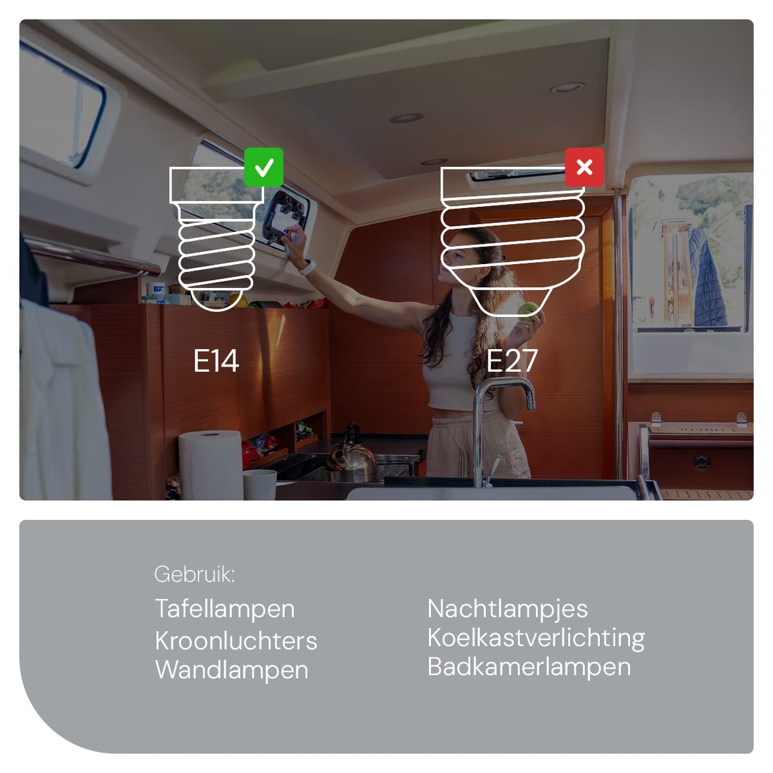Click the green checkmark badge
pyautogui.click(x=263, y=167)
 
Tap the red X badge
pyautogui.click(x=584, y=167)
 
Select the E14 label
pyautogui.click(x=216, y=361)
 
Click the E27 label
pyautogui.click(x=511, y=361)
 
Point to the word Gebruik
pyautogui.click(x=194, y=574)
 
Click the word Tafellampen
pyautogui.click(x=225, y=610)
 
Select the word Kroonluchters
pyautogui.click(x=236, y=640)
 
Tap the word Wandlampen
pyautogui.click(x=232, y=671)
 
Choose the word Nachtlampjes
pyautogui.click(x=508, y=610)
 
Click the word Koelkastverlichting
pyautogui.click(x=536, y=638)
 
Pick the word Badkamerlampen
pyautogui.click(x=529, y=667)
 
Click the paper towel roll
pyautogui.click(x=211, y=464)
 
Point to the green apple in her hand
pyautogui.click(x=529, y=309)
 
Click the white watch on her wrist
pyautogui.click(x=308, y=267)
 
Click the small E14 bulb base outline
pyautogui.click(x=216, y=239)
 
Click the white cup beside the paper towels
pyautogui.click(x=260, y=484)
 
